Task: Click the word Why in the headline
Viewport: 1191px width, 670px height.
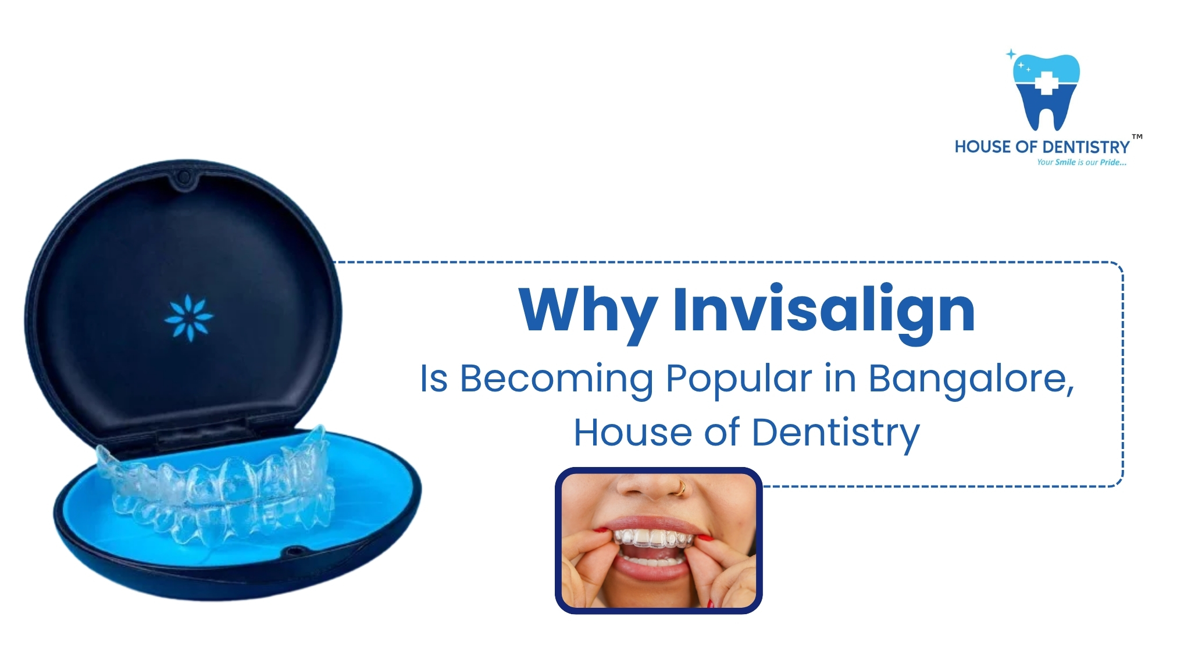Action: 587,311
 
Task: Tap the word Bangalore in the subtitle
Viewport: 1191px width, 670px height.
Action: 970,379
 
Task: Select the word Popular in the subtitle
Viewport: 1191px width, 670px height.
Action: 738,379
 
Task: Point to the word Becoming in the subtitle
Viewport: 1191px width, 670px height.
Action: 557,379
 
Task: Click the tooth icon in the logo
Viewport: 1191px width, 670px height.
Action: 1046,93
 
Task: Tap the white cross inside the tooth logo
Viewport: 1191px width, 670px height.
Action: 1046,83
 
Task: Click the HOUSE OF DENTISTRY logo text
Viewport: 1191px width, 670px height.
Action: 1042,147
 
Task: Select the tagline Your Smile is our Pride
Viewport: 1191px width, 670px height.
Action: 1081,162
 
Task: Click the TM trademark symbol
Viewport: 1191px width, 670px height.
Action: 1137,137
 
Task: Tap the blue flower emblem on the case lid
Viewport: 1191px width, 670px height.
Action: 189,318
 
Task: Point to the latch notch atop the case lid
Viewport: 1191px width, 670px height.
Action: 184,176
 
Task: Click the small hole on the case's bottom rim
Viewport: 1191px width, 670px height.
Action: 293,550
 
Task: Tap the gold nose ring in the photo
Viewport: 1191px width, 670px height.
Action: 681,489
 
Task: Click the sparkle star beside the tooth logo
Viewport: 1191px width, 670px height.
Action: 1011,54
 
